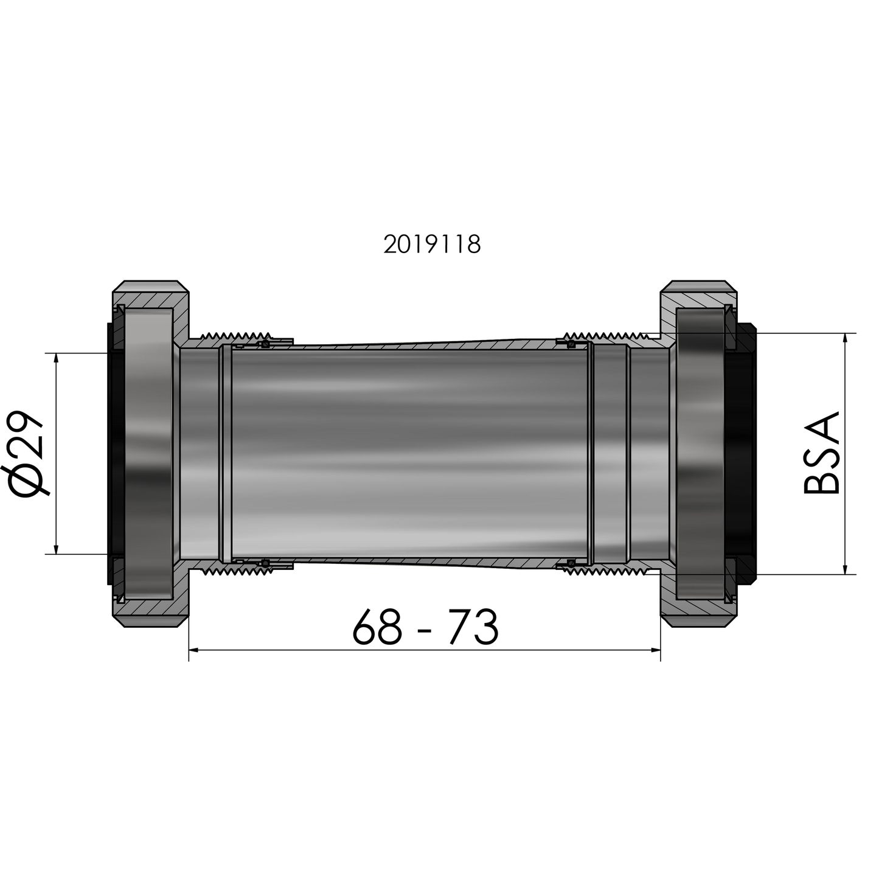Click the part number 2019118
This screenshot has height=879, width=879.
(x=432, y=245)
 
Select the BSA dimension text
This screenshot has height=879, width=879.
(x=821, y=454)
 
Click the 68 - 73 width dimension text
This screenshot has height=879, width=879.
(x=425, y=627)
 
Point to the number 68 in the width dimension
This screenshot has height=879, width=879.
(x=377, y=627)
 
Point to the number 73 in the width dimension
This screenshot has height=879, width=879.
(x=473, y=627)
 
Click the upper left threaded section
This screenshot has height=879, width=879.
(x=237, y=335)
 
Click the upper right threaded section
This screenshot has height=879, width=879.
(x=602, y=335)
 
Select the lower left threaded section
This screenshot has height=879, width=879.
(x=237, y=572)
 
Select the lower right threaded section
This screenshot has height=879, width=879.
(x=602, y=572)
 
